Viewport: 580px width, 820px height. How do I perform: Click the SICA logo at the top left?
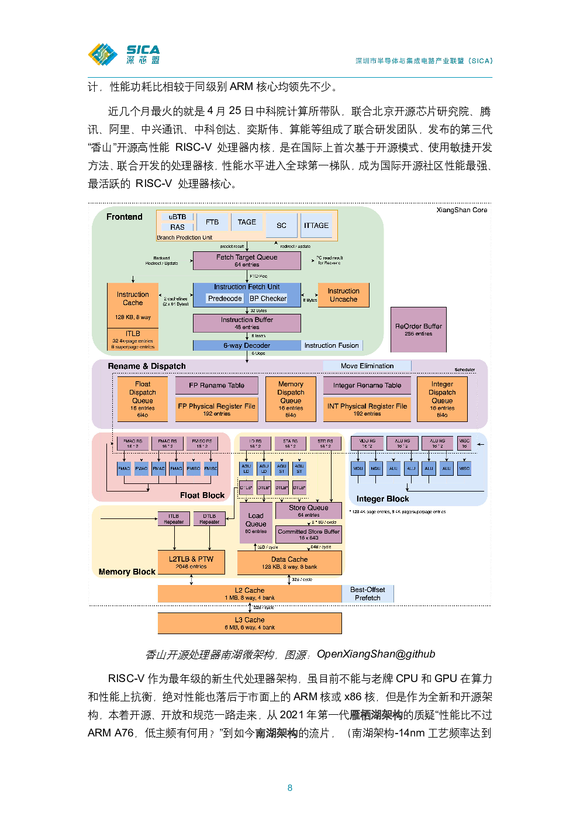click(x=123, y=54)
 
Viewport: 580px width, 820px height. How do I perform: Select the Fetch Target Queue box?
click(x=247, y=261)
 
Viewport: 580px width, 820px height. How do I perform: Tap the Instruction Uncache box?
click(x=343, y=295)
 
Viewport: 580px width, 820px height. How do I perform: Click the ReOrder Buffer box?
click(x=419, y=330)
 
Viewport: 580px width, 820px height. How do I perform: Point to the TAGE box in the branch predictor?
click(x=247, y=222)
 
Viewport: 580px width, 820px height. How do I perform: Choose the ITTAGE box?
click(x=316, y=226)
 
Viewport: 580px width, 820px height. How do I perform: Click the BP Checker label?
click(x=268, y=299)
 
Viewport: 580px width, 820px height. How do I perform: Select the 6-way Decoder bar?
click(x=247, y=345)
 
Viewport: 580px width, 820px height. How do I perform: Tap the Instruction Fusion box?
click(x=332, y=345)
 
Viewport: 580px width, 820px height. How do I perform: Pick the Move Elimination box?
click(x=367, y=366)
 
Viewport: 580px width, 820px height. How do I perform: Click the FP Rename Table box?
click(x=217, y=386)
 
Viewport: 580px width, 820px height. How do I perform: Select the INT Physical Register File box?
click(x=367, y=409)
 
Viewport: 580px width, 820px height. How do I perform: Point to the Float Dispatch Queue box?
click(x=143, y=399)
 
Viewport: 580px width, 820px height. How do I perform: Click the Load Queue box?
click(x=256, y=523)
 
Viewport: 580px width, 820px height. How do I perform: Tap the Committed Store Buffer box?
click(x=309, y=534)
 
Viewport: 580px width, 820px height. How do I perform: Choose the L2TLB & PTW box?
click(x=191, y=562)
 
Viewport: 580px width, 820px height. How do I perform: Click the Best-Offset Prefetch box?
click(x=368, y=594)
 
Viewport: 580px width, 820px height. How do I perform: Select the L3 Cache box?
click(x=250, y=623)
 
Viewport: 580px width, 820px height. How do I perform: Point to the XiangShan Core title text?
click(x=461, y=210)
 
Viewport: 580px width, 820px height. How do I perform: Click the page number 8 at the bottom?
click(x=290, y=788)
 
